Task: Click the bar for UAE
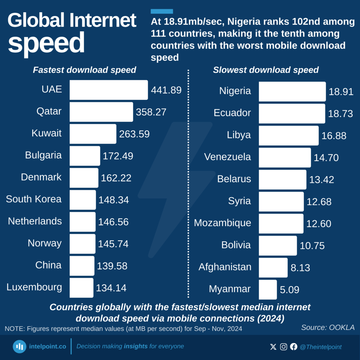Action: tap(109, 90)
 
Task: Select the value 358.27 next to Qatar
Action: tap(151, 112)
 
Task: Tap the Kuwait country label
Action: tap(46, 133)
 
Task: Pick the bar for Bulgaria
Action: tap(85, 156)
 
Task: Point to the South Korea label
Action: tap(34, 199)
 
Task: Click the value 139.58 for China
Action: tap(112, 266)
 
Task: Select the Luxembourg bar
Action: tap(82, 288)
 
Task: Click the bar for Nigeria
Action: tap(292, 91)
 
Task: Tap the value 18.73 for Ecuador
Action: tap(340, 114)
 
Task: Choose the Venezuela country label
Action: tap(227, 157)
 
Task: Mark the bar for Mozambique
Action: tap(281, 224)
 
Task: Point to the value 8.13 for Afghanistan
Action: tap(300, 268)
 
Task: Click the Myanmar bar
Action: tap(268, 289)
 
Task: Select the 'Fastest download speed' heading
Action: tap(84, 70)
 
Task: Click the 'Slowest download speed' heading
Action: tap(266, 70)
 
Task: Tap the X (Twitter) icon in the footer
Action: tap(273, 347)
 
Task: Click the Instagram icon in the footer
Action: tap(284, 347)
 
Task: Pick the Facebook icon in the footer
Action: tap(294, 347)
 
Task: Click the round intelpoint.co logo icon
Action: tap(20, 347)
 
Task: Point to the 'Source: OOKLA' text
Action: tap(328, 328)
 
